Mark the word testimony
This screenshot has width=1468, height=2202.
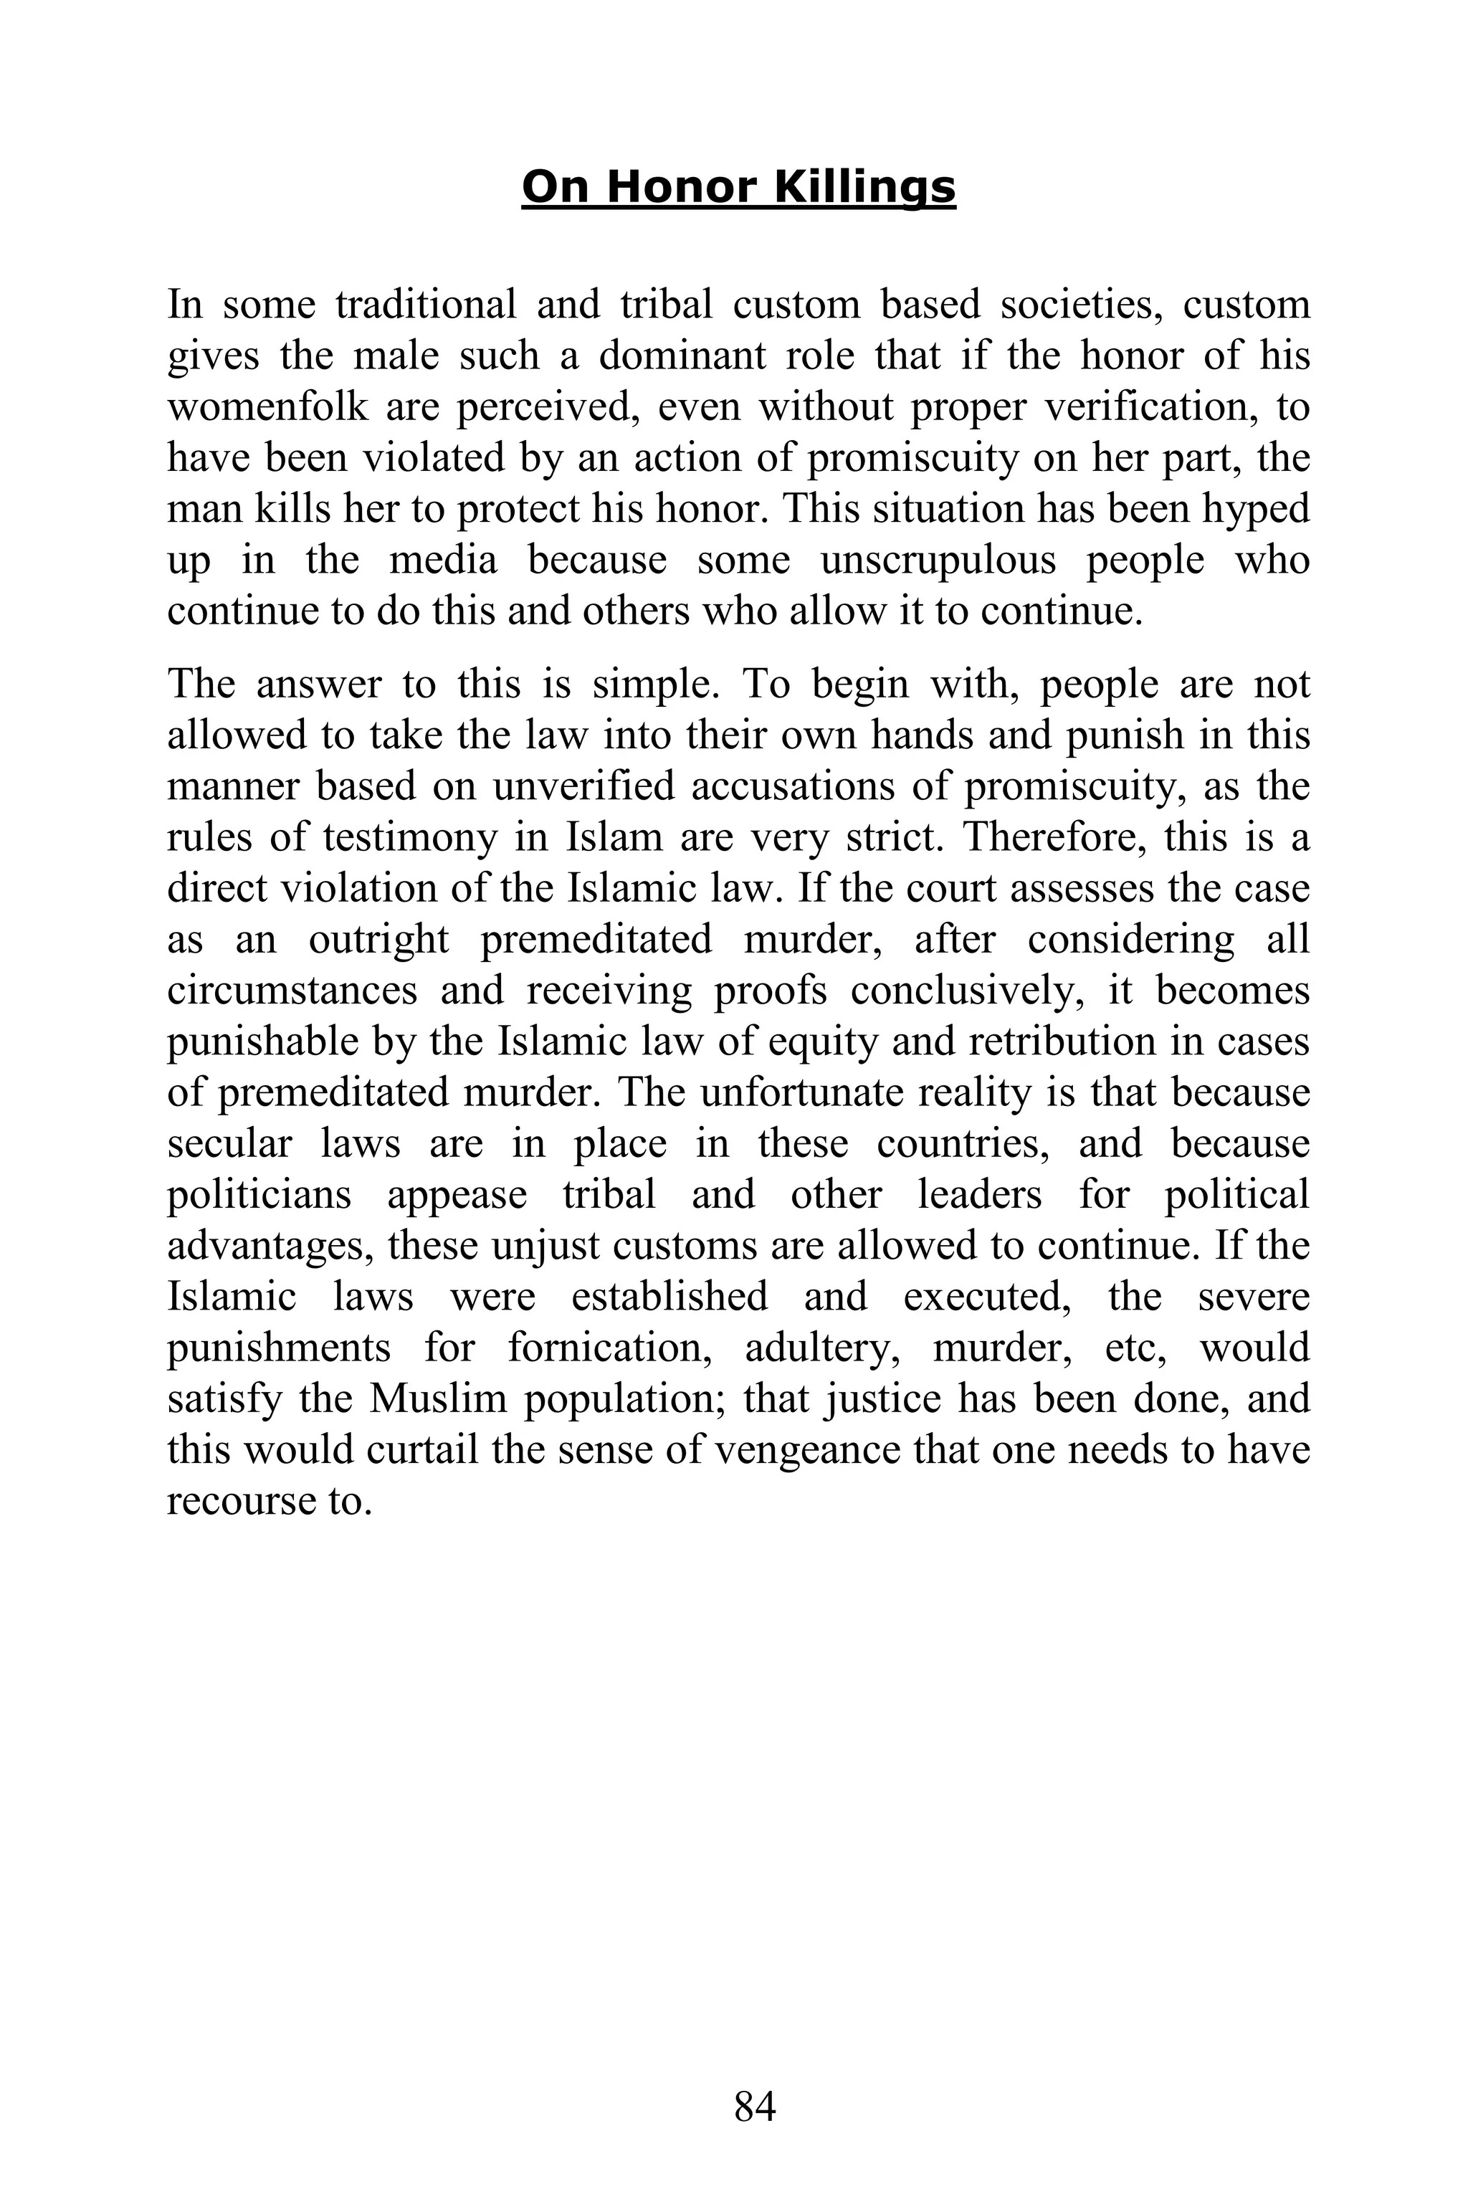pyautogui.click(x=410, y=836)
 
